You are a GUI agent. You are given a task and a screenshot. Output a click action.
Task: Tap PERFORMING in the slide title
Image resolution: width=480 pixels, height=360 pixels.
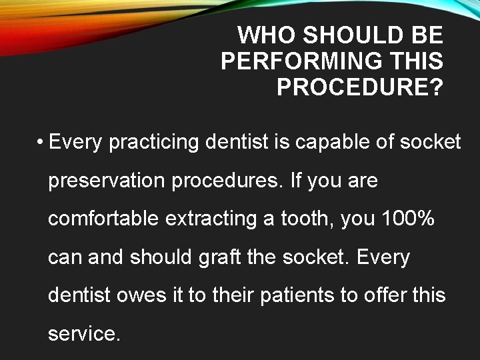coord(301,61)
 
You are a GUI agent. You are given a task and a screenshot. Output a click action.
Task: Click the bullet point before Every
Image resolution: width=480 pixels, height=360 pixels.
coord(41,143)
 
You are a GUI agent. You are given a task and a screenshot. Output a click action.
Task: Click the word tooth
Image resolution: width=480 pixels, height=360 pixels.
coord(303,219)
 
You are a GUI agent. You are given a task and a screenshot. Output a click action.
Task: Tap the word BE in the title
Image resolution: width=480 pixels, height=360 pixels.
coord(427,35)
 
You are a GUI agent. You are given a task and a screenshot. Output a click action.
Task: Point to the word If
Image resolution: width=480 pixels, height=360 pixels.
coord(297,181)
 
